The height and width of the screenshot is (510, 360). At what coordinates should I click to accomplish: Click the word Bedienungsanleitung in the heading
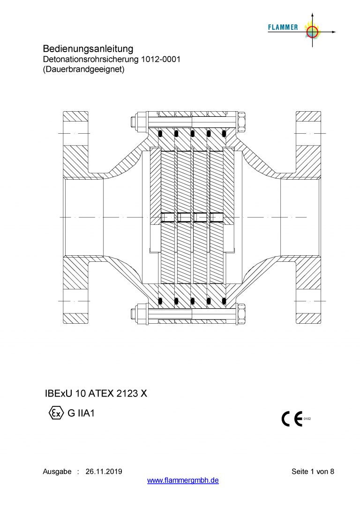88,49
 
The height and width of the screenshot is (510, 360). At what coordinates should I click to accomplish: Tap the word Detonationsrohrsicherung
91,60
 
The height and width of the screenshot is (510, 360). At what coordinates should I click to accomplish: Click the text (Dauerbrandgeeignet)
83,69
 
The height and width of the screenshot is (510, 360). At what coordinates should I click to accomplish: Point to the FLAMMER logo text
283,27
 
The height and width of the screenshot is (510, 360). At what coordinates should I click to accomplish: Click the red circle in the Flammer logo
312,32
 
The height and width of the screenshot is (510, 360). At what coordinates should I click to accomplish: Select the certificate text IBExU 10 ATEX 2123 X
96,394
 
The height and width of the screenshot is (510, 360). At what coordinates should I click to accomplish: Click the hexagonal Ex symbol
56,413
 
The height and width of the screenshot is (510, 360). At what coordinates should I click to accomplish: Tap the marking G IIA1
81,413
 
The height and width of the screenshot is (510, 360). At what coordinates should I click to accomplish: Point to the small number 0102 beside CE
307,419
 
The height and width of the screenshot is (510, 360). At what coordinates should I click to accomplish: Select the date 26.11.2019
104,472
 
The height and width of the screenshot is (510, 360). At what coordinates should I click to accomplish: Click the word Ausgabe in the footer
57,472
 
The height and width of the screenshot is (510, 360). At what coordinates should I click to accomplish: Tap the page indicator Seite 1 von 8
313,472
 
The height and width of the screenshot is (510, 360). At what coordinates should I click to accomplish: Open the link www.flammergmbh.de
183,480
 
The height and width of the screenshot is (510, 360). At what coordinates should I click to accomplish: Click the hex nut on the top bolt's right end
242,122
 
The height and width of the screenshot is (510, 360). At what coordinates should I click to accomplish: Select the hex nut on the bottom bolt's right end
242,313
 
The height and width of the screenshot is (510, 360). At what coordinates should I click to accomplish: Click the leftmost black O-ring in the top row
160,133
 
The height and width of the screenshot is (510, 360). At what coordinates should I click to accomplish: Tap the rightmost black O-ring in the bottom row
224,301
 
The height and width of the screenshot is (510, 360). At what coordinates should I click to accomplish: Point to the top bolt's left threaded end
134,122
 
